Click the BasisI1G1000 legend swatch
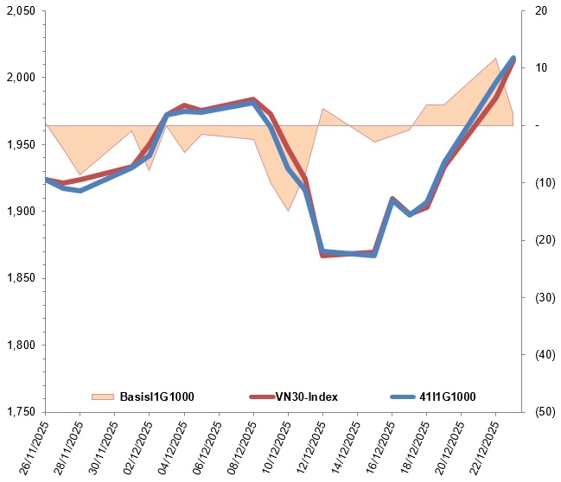pyautogui.click(x=103, y=396)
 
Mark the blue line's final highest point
pyautogui.click(x=513, y=59)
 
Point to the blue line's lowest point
pyautogui.click(x=374, y=256)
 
